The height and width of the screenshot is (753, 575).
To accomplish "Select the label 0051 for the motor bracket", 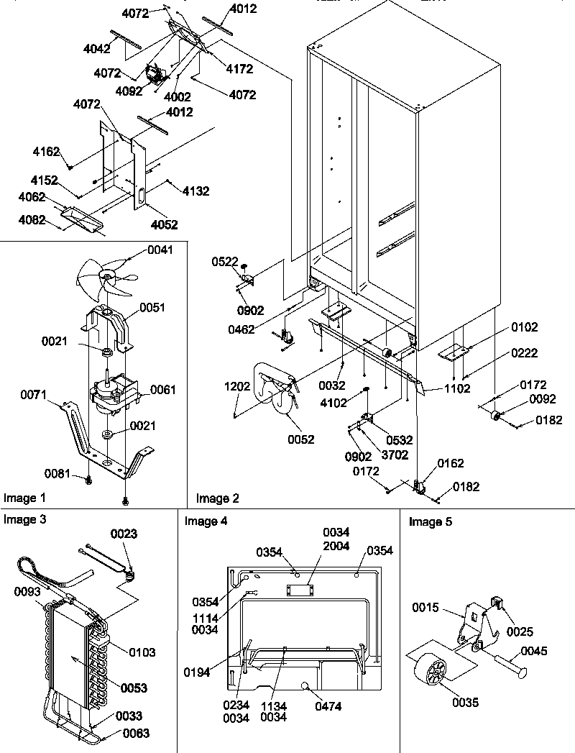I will [x=152, y=307].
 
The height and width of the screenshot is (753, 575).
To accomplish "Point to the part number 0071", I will [x=34, y=394].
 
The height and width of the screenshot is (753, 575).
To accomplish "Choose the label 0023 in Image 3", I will [x=124, y=534].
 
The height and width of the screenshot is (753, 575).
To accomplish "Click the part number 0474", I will [x=328, y=706].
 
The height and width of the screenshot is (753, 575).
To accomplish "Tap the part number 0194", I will [x=196, y=673].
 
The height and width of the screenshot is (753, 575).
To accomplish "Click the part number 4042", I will [x=96, y=50].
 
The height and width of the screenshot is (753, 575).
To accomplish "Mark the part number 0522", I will [x=226, y=263].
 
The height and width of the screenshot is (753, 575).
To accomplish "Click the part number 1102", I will [x=457, y=388].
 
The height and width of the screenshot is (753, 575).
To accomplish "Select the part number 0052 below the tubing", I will [x=300, y=439].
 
